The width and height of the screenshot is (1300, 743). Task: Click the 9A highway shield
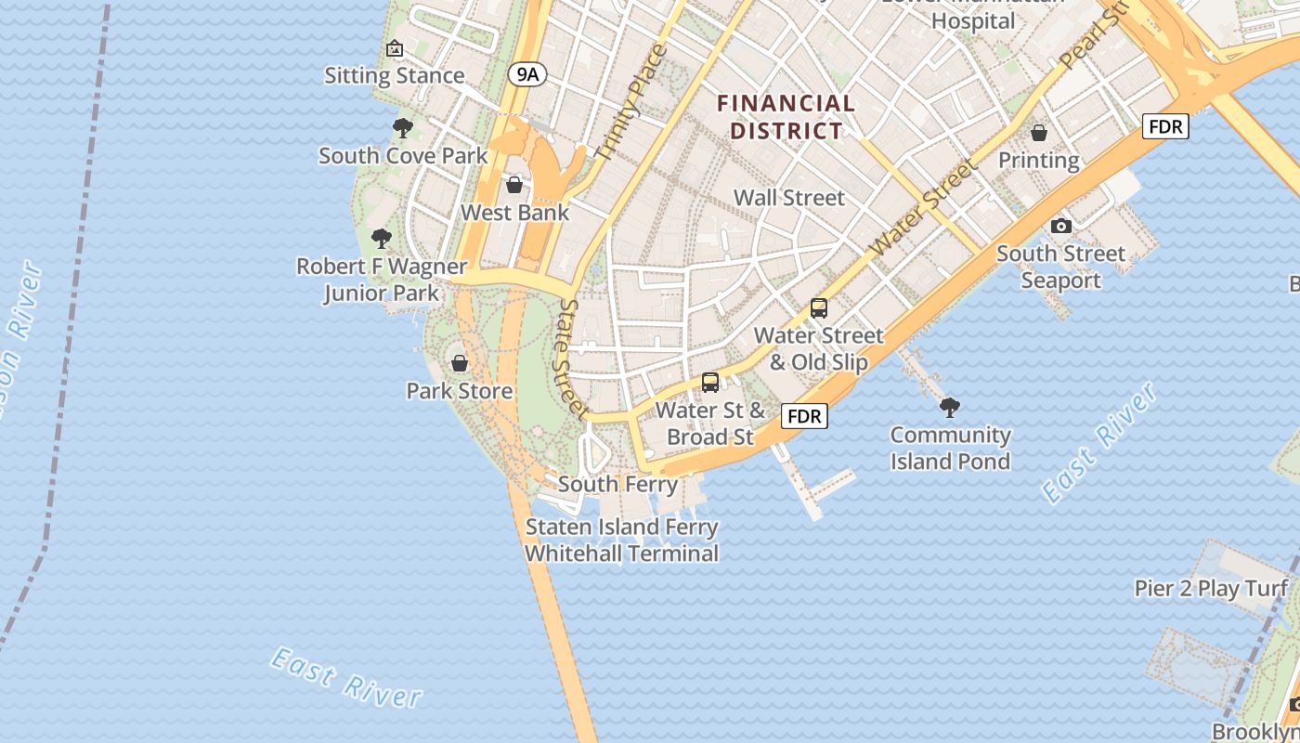(526, 74)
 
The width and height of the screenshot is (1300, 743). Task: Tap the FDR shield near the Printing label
(1165, 126)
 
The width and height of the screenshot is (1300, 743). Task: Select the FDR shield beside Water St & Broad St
(804, 416)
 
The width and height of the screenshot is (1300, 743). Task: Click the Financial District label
(786, 117)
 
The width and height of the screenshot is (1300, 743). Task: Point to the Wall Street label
(789, 198)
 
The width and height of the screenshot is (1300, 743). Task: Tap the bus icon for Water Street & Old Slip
(818, 308)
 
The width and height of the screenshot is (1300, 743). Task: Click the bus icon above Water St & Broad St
(710, 382)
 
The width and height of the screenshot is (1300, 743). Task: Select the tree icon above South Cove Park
(402, 128)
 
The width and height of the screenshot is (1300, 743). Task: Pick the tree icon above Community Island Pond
(949, 407)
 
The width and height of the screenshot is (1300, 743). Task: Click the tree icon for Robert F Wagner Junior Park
(381, 239)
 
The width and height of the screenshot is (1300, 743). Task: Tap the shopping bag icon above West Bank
(514, 185)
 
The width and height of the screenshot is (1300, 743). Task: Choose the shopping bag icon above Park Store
(459, 363)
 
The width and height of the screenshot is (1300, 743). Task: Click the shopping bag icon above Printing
(1039, 133)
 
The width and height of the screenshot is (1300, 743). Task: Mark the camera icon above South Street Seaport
(1060, 226)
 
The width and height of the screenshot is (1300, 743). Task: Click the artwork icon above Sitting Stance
(395, 48)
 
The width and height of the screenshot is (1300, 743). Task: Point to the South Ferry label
(617, 484)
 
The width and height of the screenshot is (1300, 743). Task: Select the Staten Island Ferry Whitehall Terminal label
(621, 541)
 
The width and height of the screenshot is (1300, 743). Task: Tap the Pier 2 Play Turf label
(1212, 588)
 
